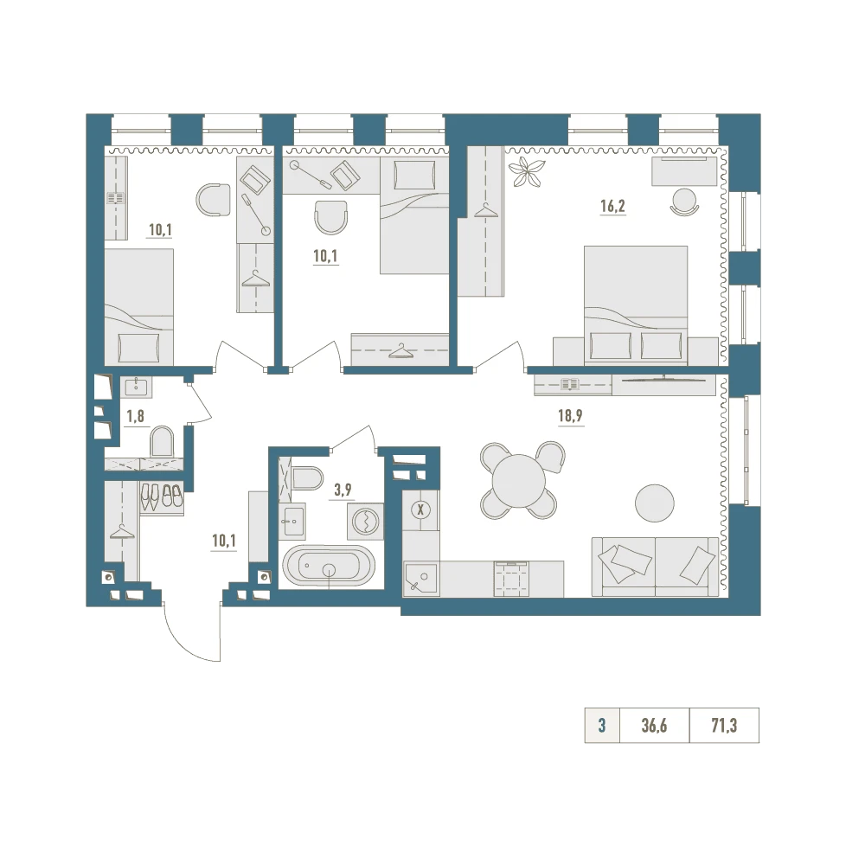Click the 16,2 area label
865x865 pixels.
[x=613, y=207]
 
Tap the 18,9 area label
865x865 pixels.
[x=570, y=415]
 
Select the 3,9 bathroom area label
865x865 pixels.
[x=343, y=490]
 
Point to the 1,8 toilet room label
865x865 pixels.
[x=136, y=416]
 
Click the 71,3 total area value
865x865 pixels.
[x=724, y=726]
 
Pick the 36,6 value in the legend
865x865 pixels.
[x=654, y=726]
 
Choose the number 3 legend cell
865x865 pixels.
[x=602, y=726]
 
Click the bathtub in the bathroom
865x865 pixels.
[x=329, y=566]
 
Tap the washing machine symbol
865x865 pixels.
[x=366, y=521]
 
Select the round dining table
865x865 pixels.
[x=518, y=480]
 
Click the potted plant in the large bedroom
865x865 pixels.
[x=527, y=172]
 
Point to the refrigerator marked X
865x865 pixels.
[x=421, y=510]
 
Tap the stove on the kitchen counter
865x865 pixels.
[x=512, y=579]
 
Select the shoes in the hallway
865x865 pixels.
[x=161, y=496]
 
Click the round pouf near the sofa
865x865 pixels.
[x=655, y=503]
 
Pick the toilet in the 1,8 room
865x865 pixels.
[x=162, y=441]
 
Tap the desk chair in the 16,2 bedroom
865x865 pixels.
[x=684, y=202]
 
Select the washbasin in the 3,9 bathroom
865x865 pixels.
[x=292, y=522]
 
